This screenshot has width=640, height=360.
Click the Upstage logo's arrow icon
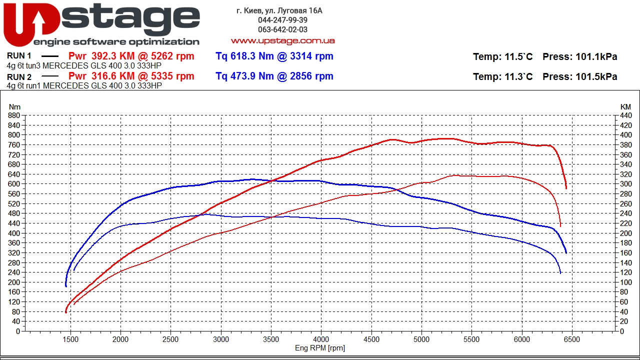[39, 22]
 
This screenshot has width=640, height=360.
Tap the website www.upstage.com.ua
[282, 40]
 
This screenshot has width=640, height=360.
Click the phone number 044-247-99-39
[282, 20]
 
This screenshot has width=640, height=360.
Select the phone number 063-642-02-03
[282, 29]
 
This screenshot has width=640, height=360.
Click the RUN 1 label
[19, 56]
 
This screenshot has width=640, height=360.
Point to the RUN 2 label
[19, 76]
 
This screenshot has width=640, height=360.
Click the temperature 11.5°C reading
[517, 56]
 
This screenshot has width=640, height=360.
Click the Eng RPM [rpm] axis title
[320, 348]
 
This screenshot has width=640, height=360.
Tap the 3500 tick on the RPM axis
[271, 339]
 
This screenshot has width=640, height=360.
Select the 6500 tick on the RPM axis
[572, 339]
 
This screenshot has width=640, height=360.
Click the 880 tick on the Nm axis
[14, 115]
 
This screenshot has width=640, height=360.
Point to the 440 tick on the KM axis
[625, 115]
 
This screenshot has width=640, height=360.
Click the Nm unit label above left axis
[15, 107]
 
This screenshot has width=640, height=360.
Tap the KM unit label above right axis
[625, 107]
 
